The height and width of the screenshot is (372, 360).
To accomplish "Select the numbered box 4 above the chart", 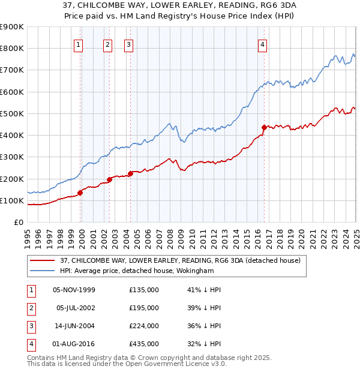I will [263, 44].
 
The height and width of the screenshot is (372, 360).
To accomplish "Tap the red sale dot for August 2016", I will [264, 127].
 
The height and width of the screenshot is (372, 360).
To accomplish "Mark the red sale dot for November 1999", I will [80, 193].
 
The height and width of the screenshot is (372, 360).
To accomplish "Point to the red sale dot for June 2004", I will [130, 173].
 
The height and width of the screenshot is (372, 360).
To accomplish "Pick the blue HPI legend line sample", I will [42, 271].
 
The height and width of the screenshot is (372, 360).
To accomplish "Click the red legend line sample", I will [42, 260].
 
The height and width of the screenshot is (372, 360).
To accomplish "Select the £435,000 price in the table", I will [144, 344].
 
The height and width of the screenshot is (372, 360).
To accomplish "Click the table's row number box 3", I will [30, 326].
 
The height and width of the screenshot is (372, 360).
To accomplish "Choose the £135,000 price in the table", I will [144, 290].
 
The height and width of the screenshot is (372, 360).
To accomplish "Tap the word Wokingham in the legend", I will [194, 271].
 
